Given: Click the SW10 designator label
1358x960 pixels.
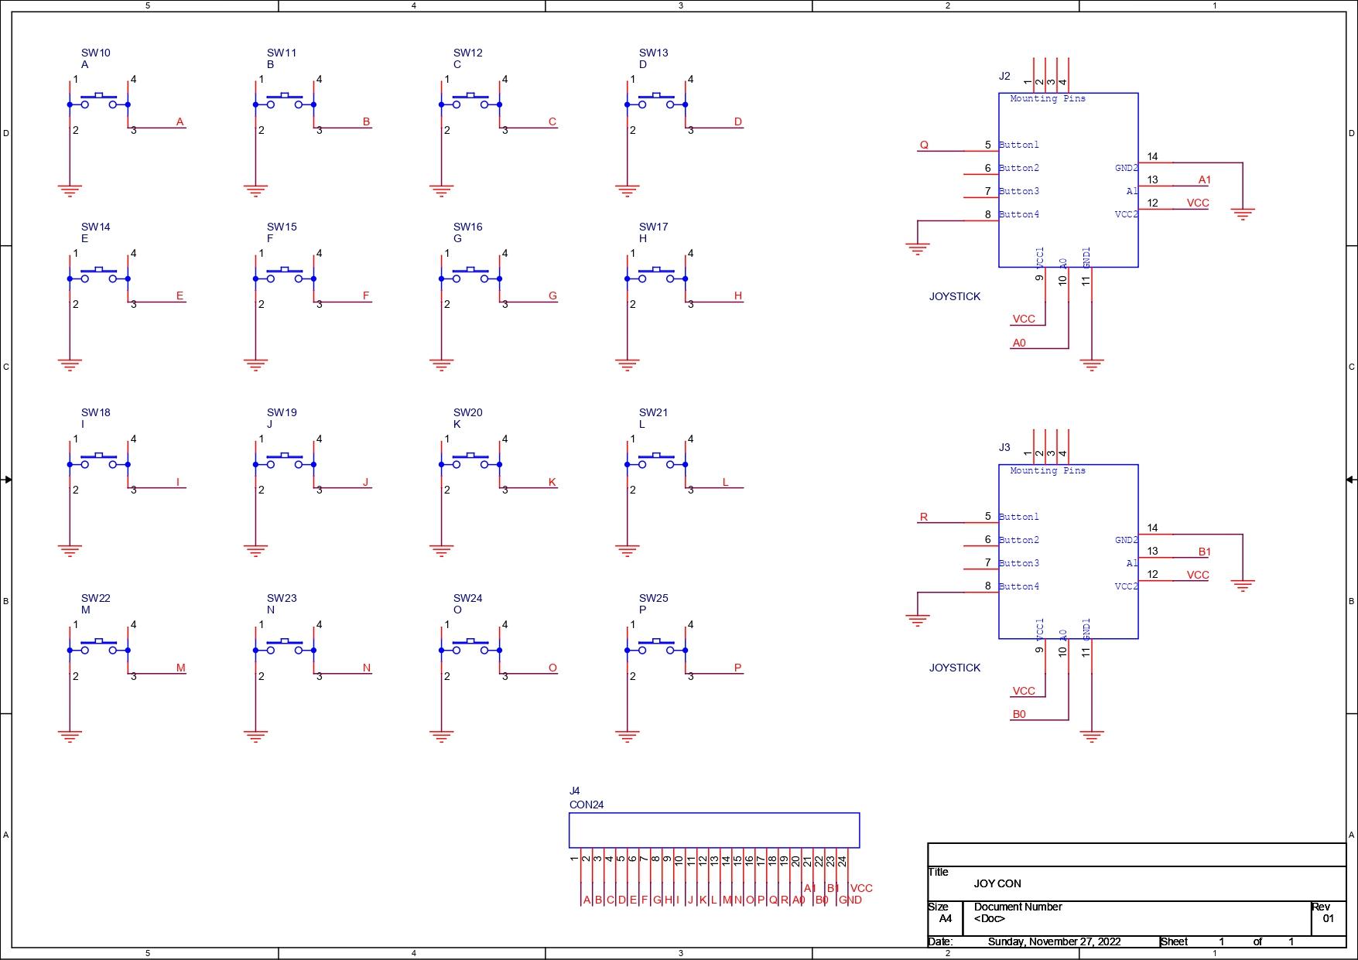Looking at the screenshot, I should coord(96,53).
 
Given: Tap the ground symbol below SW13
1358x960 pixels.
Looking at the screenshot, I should coord(628,190).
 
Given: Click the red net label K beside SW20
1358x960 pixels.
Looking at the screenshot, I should coord(552,482).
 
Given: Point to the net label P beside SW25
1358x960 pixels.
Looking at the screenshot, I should coord(737,668).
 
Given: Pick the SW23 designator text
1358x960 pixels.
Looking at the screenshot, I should coord(282,598).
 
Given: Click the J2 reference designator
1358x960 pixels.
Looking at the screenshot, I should coord(1004,76).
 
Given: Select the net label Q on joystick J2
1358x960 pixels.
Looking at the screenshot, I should coord(924,145).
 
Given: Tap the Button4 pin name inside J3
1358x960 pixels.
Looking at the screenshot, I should coord(1019,586).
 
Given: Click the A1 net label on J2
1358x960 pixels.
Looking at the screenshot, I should coord(1204,179).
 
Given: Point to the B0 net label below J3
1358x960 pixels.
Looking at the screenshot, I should coord(1019,714).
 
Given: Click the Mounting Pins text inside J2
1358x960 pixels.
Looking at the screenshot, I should coord(1048,98).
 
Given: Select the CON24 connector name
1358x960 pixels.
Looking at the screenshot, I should coord(587,805).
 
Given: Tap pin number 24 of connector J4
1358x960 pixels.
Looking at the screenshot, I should coord(842,860).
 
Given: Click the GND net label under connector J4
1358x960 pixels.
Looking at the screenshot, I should coord(850,900).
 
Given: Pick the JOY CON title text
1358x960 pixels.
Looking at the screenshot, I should coord(997,883).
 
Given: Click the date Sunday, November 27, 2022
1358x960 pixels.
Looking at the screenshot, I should coord(1054,941).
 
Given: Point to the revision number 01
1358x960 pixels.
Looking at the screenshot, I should coord(1329,919).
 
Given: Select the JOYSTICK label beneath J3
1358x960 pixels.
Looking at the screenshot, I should coord(955,668).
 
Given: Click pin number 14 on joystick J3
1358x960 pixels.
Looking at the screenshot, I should coord(1152,528).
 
